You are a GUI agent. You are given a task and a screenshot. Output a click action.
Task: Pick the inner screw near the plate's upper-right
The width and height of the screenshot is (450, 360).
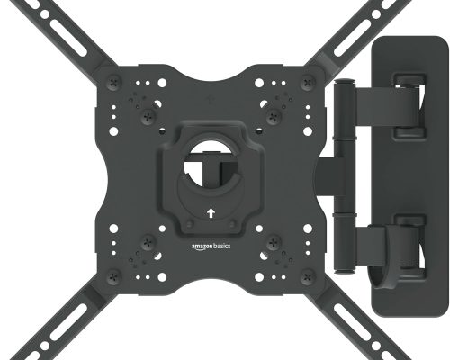tap(273, 114)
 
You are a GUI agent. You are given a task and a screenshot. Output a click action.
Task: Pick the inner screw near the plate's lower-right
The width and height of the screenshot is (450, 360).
tap(273, 241)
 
